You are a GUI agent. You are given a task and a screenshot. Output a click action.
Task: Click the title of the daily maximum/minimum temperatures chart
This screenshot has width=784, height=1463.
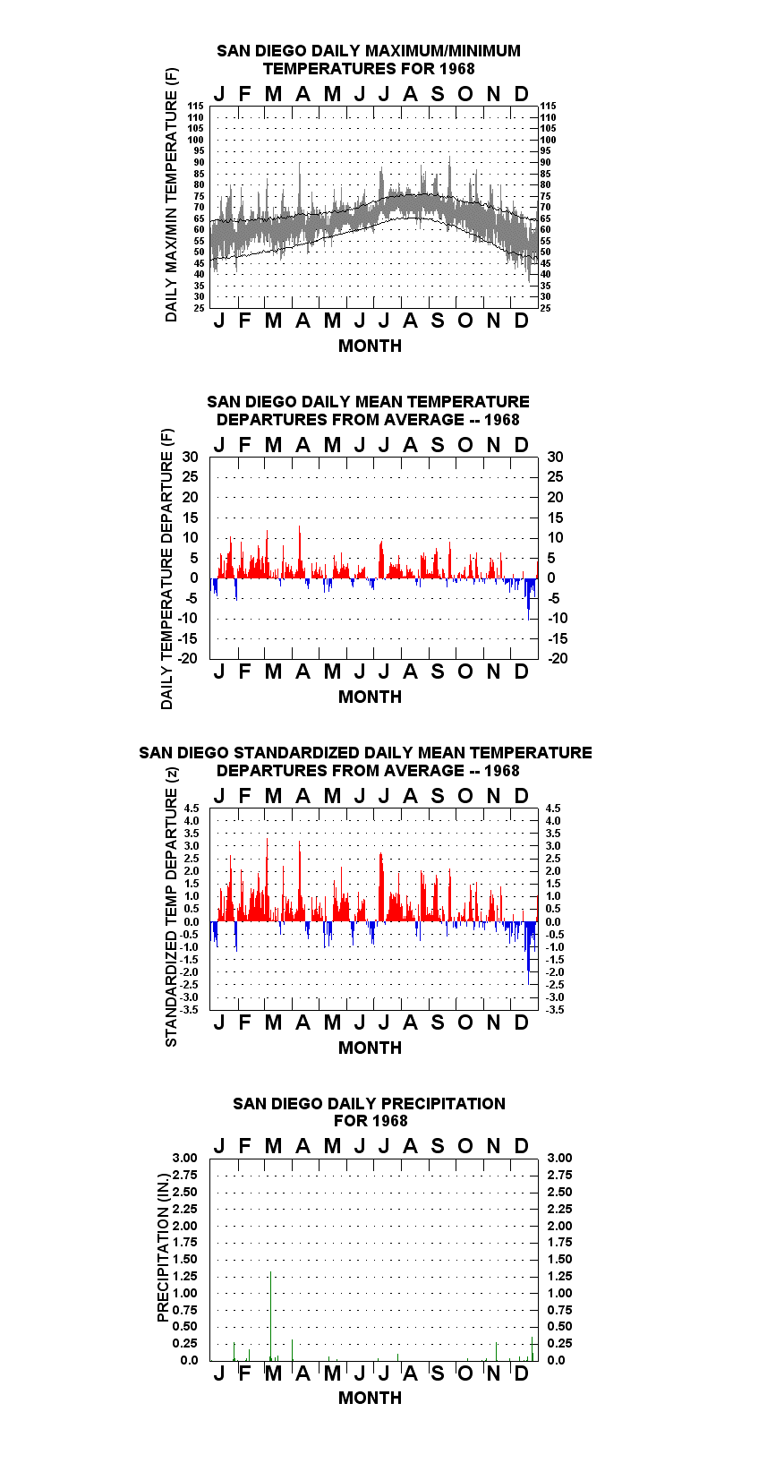(369, 59)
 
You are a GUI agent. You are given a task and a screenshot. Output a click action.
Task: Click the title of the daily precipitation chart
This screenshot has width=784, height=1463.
(370, 1112)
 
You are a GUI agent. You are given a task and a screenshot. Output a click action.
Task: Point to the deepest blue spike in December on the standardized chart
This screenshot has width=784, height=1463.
(529, 953)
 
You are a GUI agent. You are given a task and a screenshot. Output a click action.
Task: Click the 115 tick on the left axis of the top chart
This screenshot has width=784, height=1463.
(196, 106)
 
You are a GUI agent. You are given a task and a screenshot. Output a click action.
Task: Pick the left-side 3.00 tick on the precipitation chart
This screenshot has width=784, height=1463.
(184, 1158)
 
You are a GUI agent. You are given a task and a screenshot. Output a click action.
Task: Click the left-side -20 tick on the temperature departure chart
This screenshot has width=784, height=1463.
(188, 658)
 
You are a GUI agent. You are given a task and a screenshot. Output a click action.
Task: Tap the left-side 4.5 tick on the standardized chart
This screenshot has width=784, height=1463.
(192, 808)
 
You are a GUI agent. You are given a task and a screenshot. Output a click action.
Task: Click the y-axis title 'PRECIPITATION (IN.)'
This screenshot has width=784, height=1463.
(163, 1247)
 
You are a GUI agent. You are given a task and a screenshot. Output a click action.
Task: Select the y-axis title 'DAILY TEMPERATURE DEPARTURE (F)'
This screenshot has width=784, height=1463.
(167, 569)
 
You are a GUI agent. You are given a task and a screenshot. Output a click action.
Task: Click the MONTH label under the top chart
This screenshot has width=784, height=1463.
(370, 346)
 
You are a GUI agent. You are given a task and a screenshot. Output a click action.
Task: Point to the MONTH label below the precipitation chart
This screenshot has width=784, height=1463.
(370, 1398)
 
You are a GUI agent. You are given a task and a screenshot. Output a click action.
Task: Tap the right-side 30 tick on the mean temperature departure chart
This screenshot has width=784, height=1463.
(556, 458)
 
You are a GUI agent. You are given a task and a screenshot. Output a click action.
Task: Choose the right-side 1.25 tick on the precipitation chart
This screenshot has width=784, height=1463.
(560, 1276)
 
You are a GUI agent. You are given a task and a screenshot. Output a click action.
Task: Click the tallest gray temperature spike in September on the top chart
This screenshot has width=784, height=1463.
(449, 176)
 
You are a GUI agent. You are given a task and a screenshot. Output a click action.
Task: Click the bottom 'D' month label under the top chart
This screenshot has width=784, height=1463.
(521, 321)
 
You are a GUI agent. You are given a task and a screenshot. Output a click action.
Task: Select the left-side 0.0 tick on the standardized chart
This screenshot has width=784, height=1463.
(192, 922)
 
